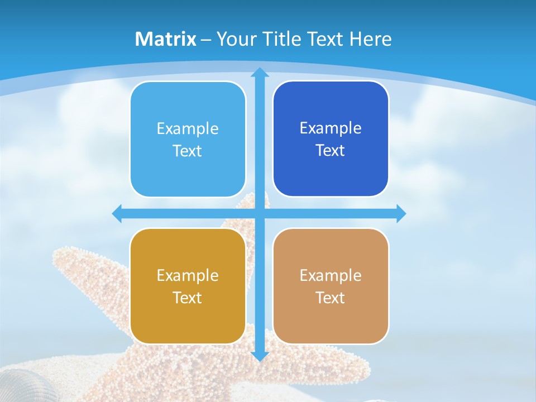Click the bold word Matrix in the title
tap(166, 39)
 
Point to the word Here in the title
tap(370, 39)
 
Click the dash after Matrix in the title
tap(206, 40)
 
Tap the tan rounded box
tap(331, 321)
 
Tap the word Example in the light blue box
tap(188, 129)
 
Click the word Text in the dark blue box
tap(331, 151)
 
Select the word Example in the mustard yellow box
tap(188, 276)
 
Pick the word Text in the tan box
tap(331, 298)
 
